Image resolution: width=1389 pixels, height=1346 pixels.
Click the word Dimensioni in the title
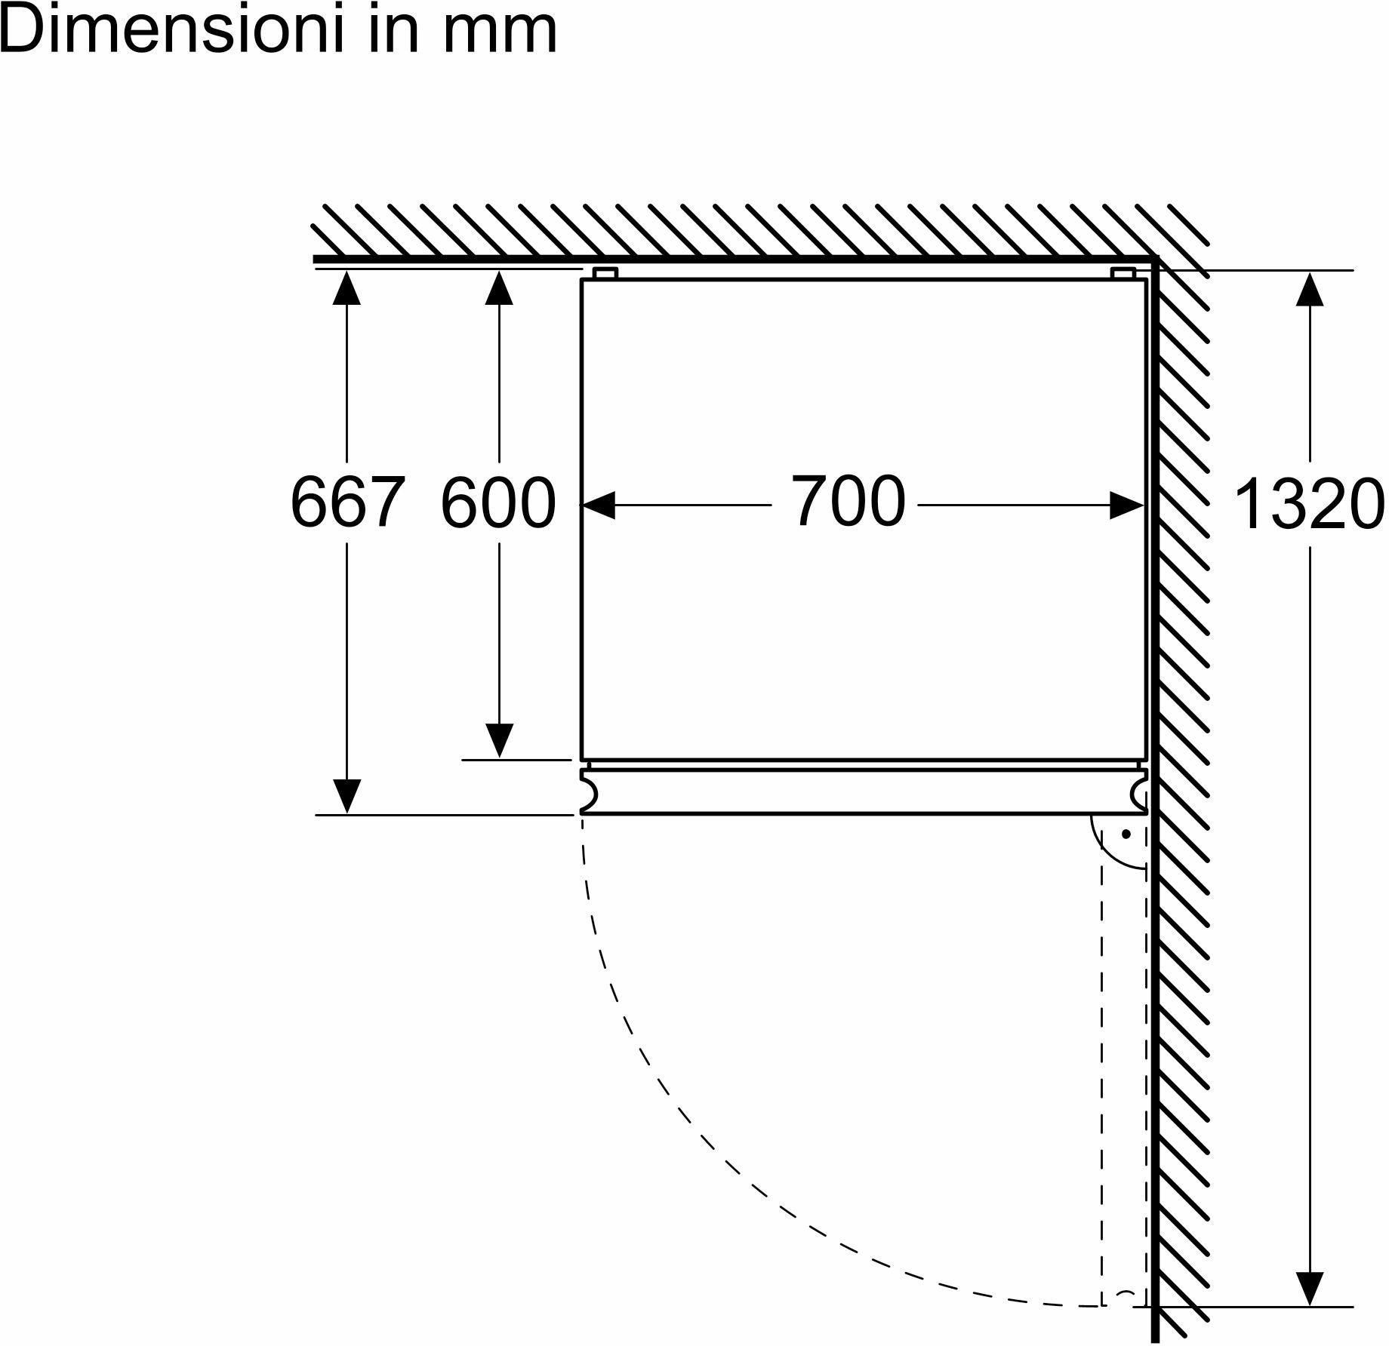click(x=161, y=29)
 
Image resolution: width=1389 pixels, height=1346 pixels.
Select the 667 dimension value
click(x=348, y=502)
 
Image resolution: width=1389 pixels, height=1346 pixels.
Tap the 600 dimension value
click(x=498, y=502)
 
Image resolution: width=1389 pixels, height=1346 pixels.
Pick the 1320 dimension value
click(x=1308, y=504)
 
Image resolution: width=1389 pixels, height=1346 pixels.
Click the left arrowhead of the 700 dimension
click(x=598, y=506)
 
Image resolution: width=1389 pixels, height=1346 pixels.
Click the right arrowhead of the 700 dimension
click(x=1126, y=506)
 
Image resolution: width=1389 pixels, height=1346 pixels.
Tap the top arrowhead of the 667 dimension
click(x=346, y=287)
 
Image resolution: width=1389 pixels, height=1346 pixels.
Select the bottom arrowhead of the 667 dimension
click(x=346, y=797)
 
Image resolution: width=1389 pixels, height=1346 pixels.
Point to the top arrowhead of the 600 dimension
click(x=499, y=287)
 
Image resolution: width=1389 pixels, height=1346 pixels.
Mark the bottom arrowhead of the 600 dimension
click(x=499, y=741)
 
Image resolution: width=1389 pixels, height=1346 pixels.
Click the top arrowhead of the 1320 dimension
click(x=1310, y=287)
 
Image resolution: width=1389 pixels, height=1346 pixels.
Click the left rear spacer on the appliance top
click(x=605, y=273)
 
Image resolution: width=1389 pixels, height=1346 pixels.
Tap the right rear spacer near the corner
click(x=1123, y=273)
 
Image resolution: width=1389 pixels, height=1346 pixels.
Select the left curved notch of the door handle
click(x=590, y=792)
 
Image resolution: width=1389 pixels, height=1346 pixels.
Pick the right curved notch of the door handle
click(x=1139, y=792)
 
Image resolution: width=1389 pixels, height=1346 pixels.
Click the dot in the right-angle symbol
click(x=1126, y=834)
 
